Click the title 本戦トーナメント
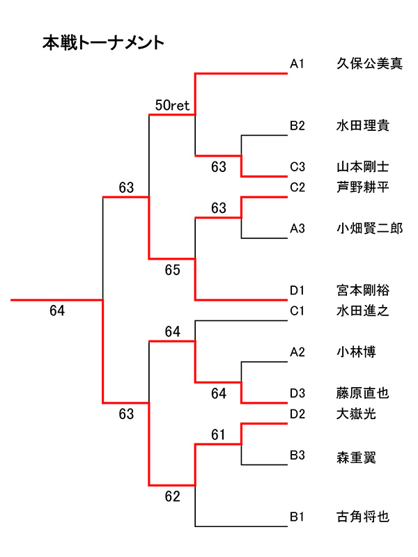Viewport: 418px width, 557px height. [103, 43]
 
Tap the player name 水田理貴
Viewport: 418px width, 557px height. [362, 126]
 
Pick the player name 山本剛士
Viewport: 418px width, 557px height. [362, 167]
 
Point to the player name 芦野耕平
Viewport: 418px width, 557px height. [362, 187]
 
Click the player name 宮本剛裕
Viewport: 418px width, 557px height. [362, 290]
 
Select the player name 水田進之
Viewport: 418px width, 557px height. [362, 311]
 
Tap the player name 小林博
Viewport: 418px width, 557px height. [356, 352]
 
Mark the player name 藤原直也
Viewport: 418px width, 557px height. [362, 393]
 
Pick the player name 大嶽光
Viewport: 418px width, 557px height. [356, 414]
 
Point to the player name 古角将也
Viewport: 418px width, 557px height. [362, 517]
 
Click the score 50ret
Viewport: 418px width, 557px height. [172, 106]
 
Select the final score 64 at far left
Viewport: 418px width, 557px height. [57, 311]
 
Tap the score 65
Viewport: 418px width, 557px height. [172, 269]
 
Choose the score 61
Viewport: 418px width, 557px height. [219, 435]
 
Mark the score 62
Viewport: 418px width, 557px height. [172, 496]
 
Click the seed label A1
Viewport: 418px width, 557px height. [297, 65]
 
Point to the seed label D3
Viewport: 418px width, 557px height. [297, 393]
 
